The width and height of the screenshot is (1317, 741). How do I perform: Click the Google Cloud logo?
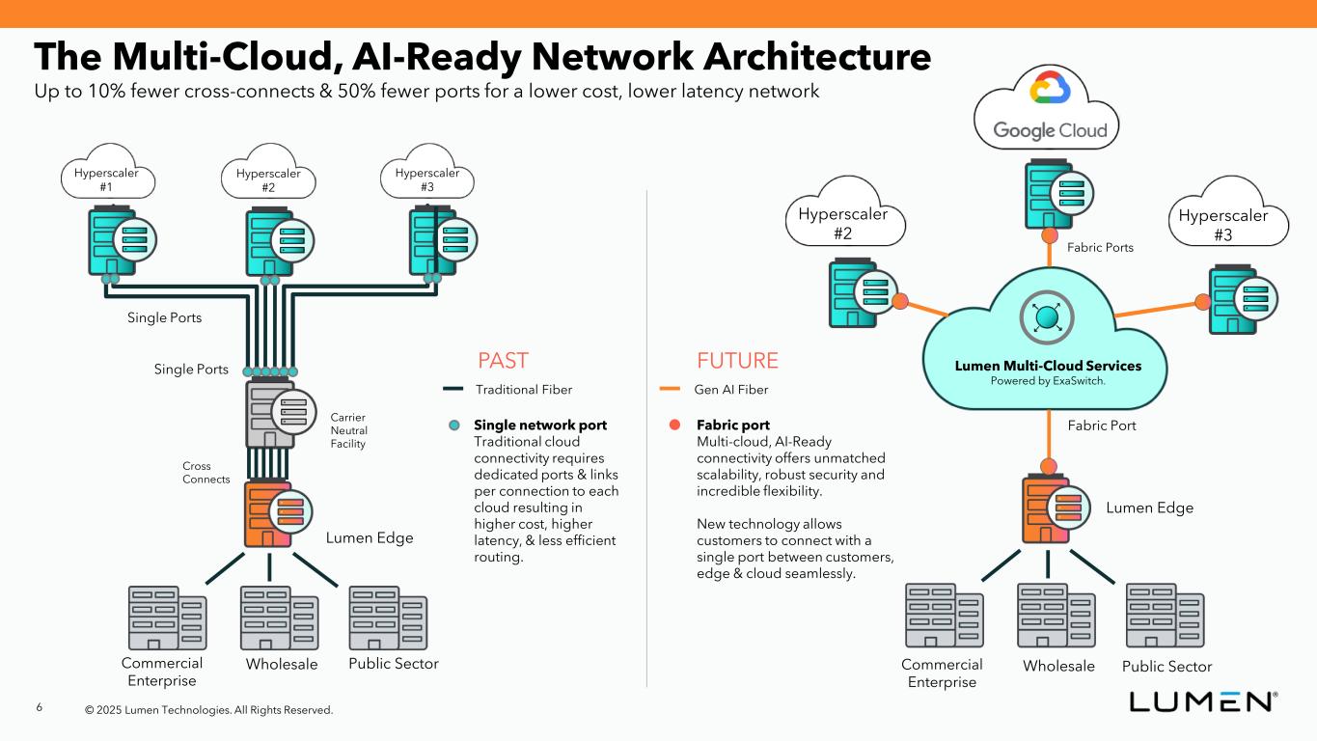point(1050,108)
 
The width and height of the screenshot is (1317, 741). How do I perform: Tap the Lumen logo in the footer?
point(1204,701)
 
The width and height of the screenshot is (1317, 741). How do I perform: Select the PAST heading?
point(504,361)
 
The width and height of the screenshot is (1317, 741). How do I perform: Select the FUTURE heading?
point(737,361)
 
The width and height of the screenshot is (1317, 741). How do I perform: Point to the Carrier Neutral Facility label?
point(348,430)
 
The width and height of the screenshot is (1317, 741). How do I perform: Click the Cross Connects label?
point(206,473)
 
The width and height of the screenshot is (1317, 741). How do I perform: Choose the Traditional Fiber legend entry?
point(508,390)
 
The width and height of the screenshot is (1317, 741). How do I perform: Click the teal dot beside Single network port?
point(455,425)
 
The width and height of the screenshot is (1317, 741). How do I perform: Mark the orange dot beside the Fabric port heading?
point(675,425)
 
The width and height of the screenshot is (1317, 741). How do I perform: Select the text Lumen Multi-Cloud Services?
point(1048,367)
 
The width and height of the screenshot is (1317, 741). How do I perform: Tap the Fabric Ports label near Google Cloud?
point(1100,248)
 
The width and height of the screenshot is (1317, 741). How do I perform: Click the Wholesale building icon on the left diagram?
point(279,618)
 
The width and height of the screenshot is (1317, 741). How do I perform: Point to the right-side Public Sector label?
point(1166,667)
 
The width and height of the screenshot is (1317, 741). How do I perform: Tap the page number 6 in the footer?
point(40,708)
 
